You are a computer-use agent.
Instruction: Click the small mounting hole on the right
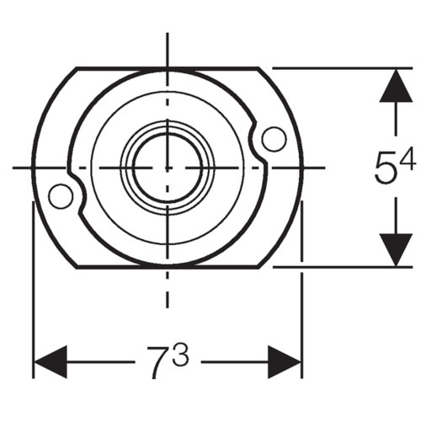[x=274, y=139]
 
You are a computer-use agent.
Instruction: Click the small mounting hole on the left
[x=61, y=196]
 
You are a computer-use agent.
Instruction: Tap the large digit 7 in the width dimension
[x=158, y=362]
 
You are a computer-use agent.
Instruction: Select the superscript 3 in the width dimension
[x=180, y=354]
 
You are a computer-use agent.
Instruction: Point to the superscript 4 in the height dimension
[x=408, y=159]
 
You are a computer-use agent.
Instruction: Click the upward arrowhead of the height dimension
[x=396, y=85]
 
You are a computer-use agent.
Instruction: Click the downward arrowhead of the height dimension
[x=396, y=250]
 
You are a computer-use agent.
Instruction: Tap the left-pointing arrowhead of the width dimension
[x=51, y=362]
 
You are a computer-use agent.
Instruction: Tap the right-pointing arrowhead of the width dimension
[x=285, y=362]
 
